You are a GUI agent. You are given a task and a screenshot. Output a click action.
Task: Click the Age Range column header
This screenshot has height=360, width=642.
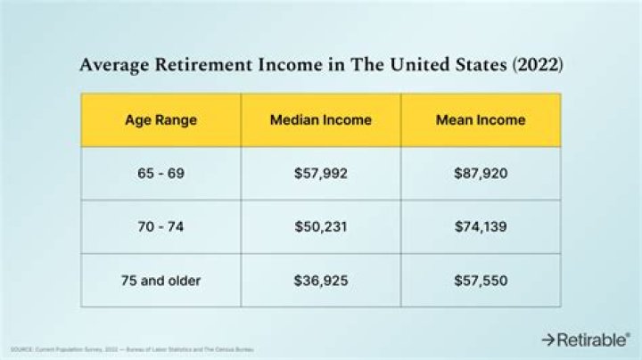point(160,119)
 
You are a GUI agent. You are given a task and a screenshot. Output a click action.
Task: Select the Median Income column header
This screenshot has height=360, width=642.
point(320,119)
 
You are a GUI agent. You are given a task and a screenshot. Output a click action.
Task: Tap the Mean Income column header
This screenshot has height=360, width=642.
point(480,119)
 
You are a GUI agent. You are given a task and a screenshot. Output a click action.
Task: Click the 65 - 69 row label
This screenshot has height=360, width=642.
point(160,173)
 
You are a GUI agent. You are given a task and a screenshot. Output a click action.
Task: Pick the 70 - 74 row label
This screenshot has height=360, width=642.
point(160,226)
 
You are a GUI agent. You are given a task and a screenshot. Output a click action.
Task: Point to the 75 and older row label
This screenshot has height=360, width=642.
point(160,280)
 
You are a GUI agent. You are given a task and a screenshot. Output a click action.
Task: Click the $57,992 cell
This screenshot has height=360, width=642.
point(320,173)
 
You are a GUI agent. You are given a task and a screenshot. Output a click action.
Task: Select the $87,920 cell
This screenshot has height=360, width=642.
point(480,173)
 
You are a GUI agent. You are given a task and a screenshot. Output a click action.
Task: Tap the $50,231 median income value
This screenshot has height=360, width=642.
point(320,226)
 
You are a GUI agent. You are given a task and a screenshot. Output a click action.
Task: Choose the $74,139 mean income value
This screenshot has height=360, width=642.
point(480,226)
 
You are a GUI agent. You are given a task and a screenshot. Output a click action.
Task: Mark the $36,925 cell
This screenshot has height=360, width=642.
point(320,280)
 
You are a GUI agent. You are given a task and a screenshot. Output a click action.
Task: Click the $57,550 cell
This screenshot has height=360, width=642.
point(480,280)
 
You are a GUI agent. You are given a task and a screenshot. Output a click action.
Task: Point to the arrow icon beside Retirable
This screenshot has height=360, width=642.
point(547,340)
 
